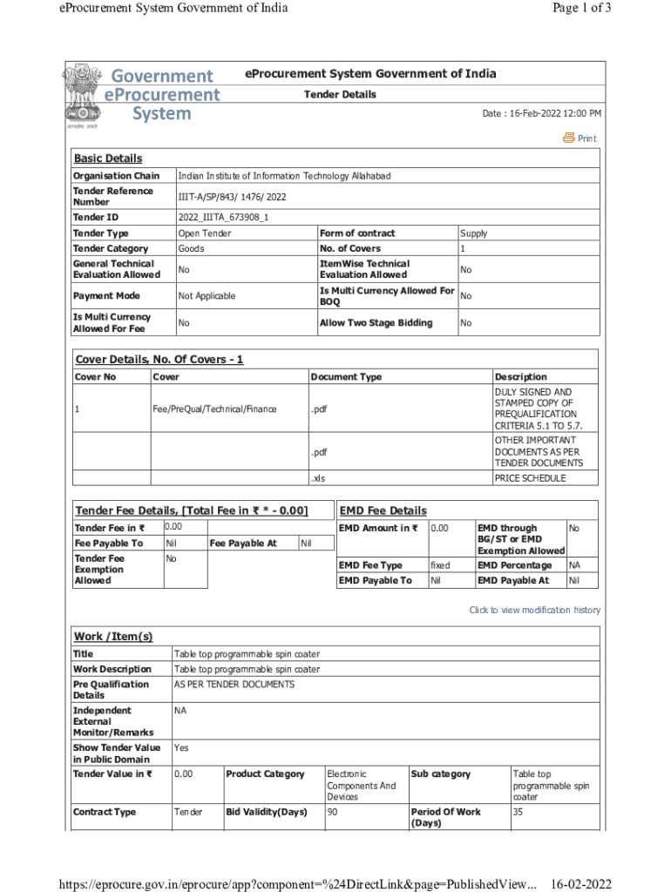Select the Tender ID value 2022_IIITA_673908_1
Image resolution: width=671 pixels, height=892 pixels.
[x=222, y=217]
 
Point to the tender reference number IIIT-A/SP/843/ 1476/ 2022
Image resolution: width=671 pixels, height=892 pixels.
[x=232, y=197]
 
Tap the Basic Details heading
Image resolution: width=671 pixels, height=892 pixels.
[x=107, y=159]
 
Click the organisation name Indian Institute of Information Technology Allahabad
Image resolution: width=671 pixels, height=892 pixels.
[x=284, y=176]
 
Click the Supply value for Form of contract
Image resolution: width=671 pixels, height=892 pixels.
[x=473, y=233]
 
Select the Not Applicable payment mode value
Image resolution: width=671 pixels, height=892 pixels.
[x=207, y=296]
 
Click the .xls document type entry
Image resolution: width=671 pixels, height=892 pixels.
[x=318, y=478]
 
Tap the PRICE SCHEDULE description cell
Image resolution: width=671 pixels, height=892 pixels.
[x=530, y=478]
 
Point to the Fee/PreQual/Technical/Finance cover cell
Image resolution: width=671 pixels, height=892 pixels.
[x=214, y=408]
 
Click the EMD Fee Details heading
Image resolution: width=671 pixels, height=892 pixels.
[x=383, y=510]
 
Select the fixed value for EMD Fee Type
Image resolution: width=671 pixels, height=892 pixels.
[x=440, y=565]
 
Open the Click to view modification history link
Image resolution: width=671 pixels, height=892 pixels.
[x=534, y=610]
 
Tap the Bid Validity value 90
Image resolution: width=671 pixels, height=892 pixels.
[x=333, y=812]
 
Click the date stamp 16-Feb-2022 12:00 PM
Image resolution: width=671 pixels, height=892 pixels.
[x=541, y=114]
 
